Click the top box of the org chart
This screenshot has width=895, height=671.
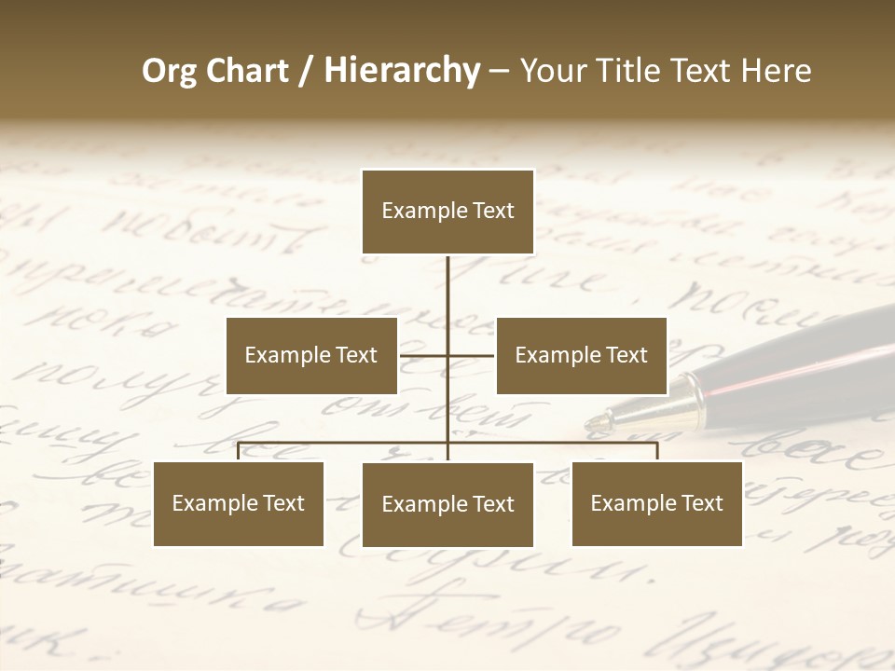(x=447, y=212)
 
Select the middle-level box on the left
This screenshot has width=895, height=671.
(x=311, y=355)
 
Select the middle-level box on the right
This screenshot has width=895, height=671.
(x=581, y=355)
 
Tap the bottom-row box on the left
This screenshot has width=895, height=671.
(x=239, y=503)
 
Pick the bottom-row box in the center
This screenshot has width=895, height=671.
(x=447, y=504)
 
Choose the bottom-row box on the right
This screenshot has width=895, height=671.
(x=656, y=503)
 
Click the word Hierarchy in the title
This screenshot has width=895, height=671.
(x=401, y=71)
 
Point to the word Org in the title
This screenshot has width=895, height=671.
(x=169, y=71)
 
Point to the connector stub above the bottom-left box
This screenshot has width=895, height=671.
(x=239, y=452)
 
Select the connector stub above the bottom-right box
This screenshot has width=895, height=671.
(x=656, y=452)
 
